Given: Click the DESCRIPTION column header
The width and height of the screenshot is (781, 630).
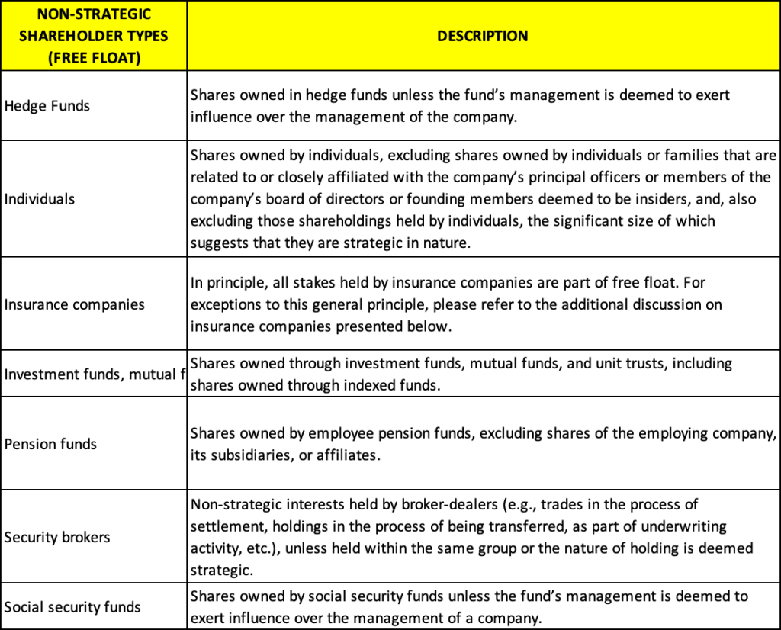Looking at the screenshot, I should pyautogui.click(x=482, y=36).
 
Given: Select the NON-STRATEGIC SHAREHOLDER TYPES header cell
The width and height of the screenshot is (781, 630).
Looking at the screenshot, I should pyautogui.click(x=95, y=36).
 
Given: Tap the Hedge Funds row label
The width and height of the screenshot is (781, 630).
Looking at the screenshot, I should pyautogui.click(x=47, y=106).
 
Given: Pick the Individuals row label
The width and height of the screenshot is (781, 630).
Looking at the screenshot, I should pyautogui.click(x=40, y=199).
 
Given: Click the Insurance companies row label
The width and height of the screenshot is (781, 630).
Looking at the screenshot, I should pyautogui.click(x=75, y=304).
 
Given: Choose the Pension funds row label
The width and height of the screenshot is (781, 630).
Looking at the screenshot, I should pyautogui.click(x=50, y=444).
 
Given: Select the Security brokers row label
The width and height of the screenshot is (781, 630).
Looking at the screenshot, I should pyautogui.click(x=57, y=537).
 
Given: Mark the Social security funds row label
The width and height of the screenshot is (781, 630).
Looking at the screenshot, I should pyautogui.click(x=72, y=607).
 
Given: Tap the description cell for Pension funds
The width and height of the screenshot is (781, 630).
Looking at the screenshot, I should pyautogui.click(x=483, y=444).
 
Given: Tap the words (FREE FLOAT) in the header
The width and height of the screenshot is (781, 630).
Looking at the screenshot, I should pyautogui.click(x=95, y=58).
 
